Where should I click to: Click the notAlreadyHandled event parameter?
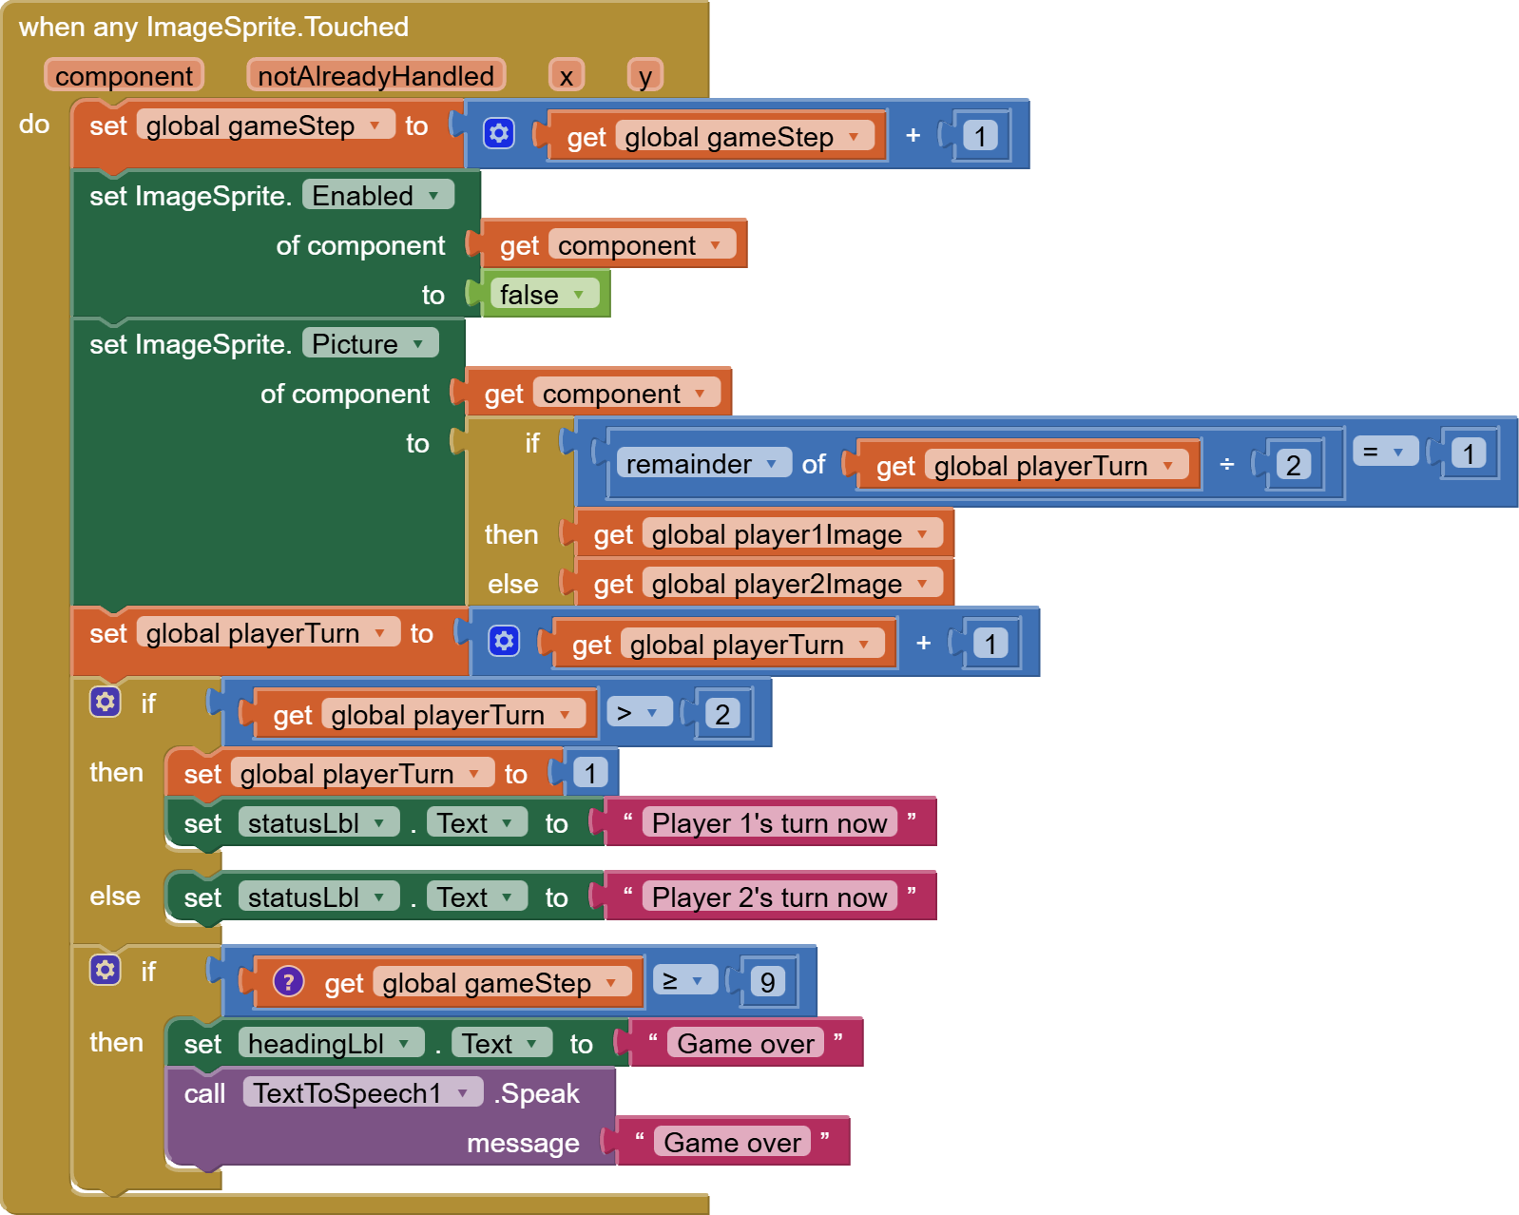(x=375, y=76)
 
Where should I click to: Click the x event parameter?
(x=567, y=76)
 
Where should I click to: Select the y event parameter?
(x=645, y=76)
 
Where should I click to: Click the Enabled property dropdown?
(x=377, y=196)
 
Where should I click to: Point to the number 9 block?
(x=768, y=982)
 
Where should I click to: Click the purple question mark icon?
(x=288, y=982)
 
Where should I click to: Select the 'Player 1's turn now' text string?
(x=769, y=823)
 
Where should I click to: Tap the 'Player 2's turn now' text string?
(x=769, y=897)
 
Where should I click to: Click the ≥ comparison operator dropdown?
(x=683, y=981)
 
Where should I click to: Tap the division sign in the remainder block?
(x=1226, y=464)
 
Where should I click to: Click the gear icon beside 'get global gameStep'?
(x=499, y=134)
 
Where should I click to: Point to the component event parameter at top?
(x=124, y=76)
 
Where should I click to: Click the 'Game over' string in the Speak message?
(x=732, y=1143)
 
